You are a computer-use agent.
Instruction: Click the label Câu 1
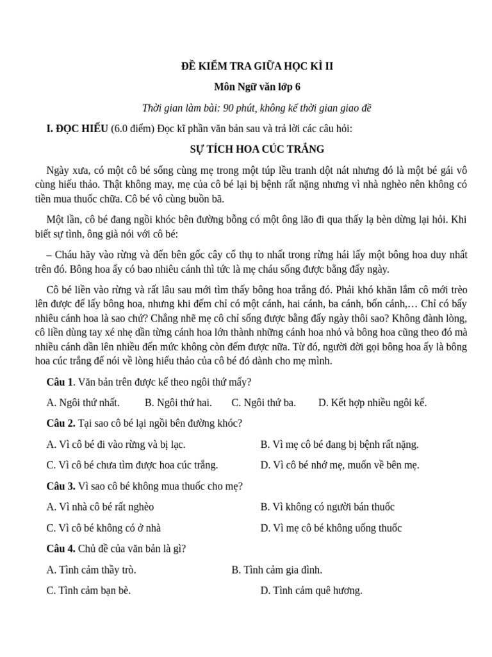(60, 382)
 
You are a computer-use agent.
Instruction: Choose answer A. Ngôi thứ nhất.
(83, 403)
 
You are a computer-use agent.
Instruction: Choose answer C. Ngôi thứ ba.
(263, 403)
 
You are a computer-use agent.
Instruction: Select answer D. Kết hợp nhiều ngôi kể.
(372, 403)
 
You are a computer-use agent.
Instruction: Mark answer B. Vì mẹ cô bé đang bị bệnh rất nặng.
(340, 444)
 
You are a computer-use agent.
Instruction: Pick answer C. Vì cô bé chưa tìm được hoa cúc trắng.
(133, 465)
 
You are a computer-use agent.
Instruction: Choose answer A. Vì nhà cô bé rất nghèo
(101, 507)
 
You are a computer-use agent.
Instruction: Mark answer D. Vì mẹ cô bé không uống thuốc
(331, 528)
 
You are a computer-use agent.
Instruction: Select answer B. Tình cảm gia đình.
(277, 570)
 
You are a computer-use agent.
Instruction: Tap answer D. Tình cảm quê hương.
(311, 590)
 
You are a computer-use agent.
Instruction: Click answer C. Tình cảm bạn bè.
(88, 590)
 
